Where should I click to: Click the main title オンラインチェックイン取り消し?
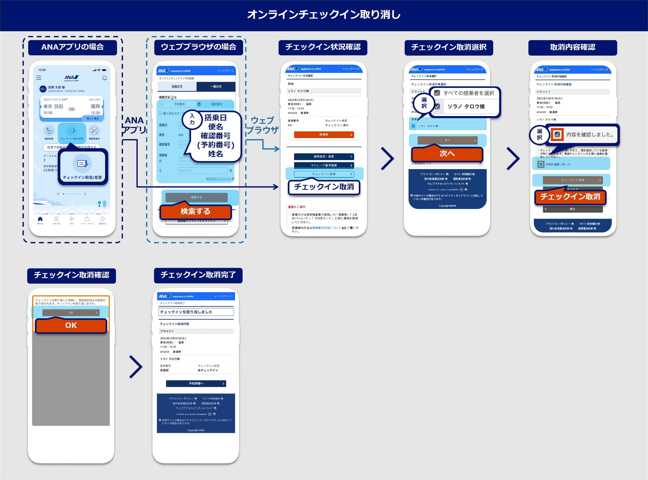coord(324,14)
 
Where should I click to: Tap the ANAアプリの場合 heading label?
coord(72,47)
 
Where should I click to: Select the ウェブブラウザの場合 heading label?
coord(198,47)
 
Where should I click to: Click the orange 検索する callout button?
coord(195,212)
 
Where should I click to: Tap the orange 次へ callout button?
coord(447,154)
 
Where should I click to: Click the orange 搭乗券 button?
coord(324,135)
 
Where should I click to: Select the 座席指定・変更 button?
coord(324,157)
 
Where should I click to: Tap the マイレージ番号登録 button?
coord(324,165)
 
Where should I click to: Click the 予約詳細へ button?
coord(196,384)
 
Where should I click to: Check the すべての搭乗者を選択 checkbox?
coord(437,93)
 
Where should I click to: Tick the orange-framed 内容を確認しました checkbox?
coord(557,134)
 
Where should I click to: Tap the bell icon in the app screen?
coord(104,78)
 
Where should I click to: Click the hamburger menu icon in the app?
coord(39,78)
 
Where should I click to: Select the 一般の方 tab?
coord(216,87)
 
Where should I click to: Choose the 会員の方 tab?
coord(177,87)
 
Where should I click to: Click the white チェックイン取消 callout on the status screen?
coord(324,187)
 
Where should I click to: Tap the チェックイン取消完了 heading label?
coord(198,275)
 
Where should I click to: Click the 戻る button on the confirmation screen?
coord(572,209)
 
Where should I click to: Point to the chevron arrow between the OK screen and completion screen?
coord(136,367)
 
